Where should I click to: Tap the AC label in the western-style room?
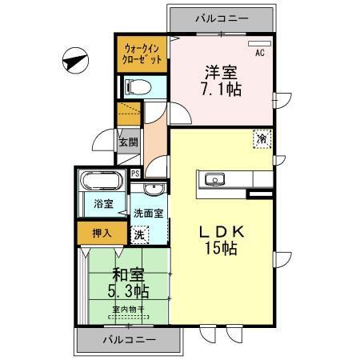259,54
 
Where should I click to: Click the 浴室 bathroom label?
102,204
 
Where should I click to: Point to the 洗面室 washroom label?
149,214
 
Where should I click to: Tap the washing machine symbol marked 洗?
139,235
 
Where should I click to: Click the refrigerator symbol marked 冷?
262,138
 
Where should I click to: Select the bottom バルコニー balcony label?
129,339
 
